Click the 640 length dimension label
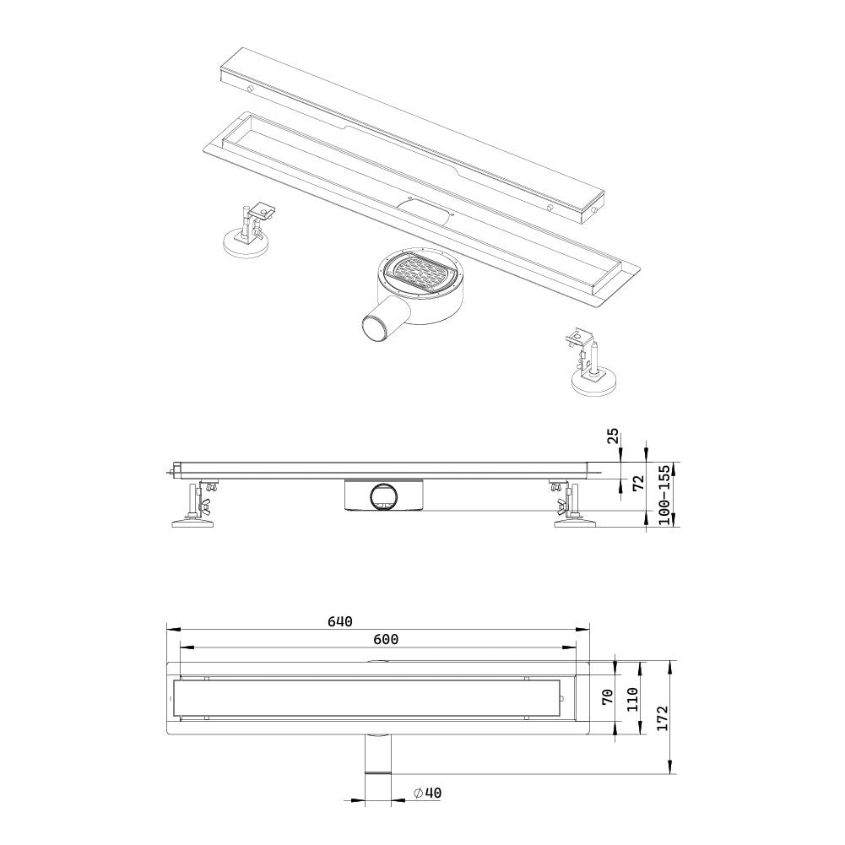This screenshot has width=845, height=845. tap(339, 622)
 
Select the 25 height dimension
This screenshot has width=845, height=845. tap(614, 436)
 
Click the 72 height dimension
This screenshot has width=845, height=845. tap(639, 483)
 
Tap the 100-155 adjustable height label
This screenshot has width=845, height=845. tap(664, 496)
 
